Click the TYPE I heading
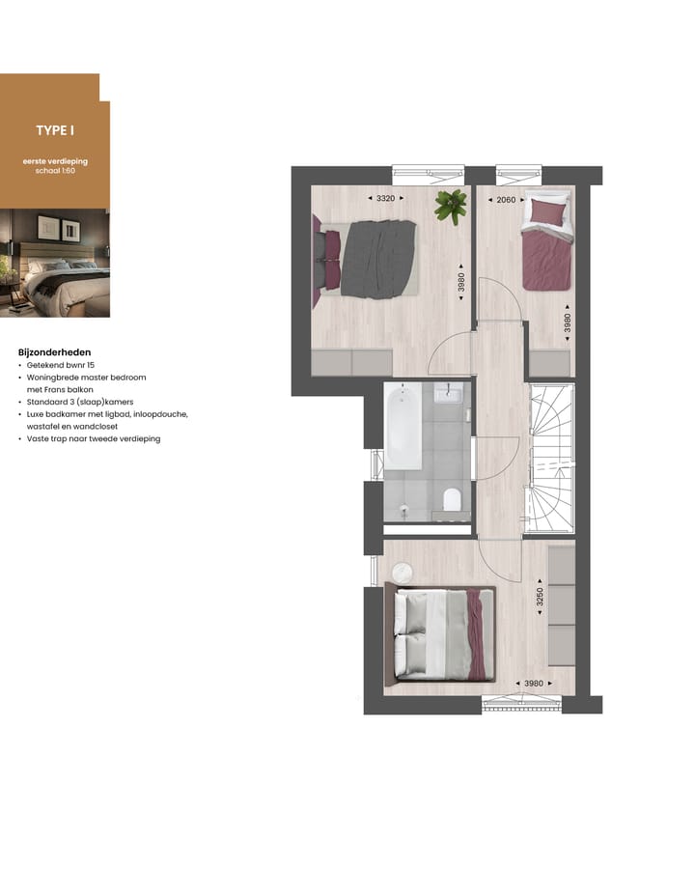click(x=55, y=130)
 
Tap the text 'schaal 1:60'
click(x=55, y=170)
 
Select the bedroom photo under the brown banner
click(x=55, y=263)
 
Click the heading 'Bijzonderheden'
click(x=55, y=352)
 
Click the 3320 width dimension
click(x=385, y=199)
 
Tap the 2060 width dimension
click(x=506, y=200)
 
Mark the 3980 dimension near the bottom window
click(x=533, y=684)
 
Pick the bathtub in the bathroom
click(x=403, y=426)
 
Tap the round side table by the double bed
click(x=402, y=573)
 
